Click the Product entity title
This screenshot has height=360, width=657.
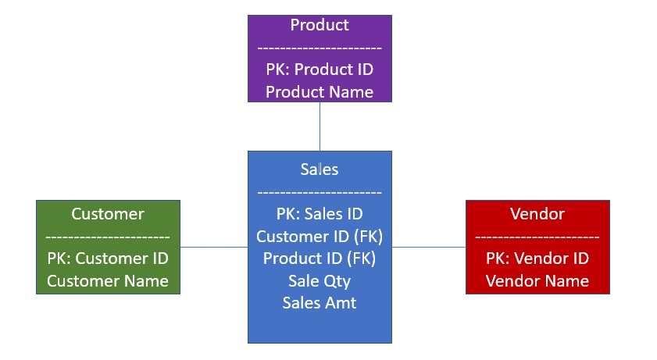pos(320,25)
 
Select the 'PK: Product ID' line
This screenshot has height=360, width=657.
pos(320,70)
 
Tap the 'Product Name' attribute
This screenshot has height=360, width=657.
pos(320,92)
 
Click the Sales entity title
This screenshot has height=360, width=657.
pos(320,169)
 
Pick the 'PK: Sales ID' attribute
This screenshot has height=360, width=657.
pos(320,213)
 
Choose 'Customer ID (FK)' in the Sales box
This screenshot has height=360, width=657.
pos(320,236)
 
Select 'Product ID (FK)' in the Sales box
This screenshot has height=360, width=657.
pos(320,258)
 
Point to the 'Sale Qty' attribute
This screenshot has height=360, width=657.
pos(320,280)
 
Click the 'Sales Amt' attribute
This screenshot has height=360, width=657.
pos(320,303)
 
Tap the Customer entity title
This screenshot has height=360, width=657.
pos(108,214)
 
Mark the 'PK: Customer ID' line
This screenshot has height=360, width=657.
pos(108,258)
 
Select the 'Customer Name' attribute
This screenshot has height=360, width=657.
pos(108,281)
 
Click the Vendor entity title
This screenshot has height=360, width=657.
pos(537,214)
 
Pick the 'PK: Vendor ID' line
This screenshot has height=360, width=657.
pos(537,258)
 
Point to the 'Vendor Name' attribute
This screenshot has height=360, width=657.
pos(537,281)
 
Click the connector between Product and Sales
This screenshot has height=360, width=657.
pos(320,127)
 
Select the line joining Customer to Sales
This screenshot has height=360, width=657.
pos(214,247)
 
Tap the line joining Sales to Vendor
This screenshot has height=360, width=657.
pos(428,247)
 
